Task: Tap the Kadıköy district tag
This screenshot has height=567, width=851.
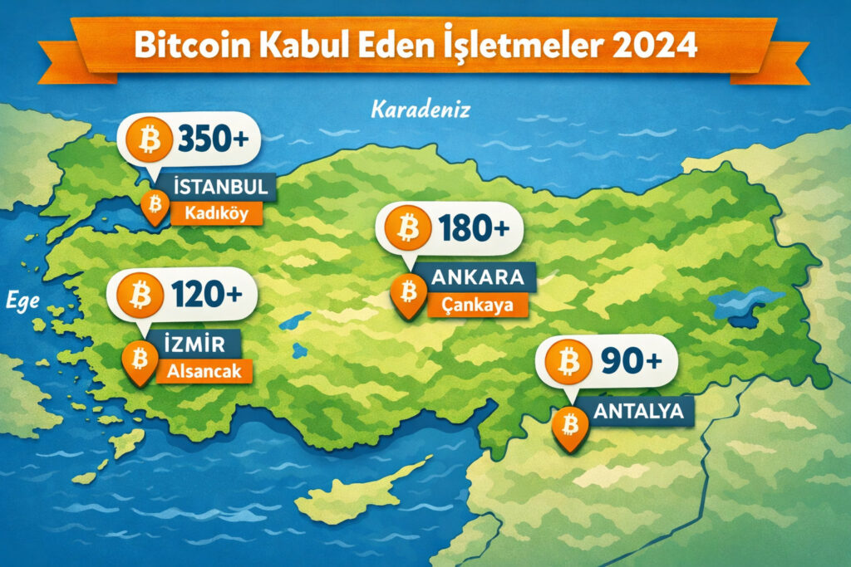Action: point(216,213)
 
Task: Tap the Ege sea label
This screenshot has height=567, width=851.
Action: point(22,301)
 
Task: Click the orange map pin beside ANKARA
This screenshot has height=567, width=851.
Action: point(408,293)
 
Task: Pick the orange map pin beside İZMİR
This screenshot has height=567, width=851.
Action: point(140,359)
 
